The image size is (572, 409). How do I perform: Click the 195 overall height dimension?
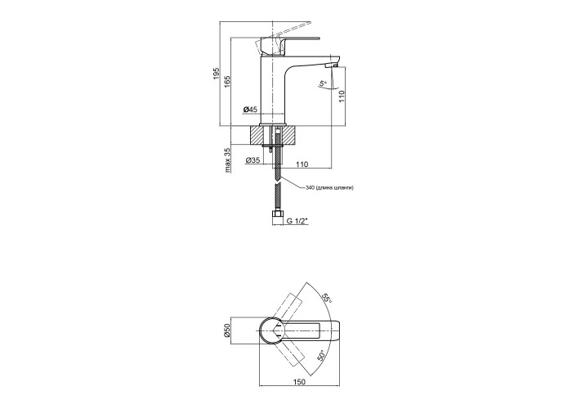click(x=216, y=74)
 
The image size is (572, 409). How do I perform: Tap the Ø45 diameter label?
click(x=250, y=109)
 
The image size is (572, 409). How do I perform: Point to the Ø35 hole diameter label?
click(x=252, y=160)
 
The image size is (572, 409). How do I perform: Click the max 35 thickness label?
click(x=228, y=160)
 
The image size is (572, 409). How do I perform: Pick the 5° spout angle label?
click(x=324, y=84)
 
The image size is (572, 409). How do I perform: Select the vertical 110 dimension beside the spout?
click(x=342, y=96)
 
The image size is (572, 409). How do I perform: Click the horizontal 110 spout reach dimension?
click(x=302, y=164)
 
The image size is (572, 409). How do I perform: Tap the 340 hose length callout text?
click(x=329, y=187)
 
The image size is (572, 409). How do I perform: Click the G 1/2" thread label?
click(x=297, y=221)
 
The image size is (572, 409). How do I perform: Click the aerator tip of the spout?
click(x=333, y=65)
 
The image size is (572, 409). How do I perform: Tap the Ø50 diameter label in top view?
click(x=226, y=330)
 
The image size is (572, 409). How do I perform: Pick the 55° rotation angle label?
click(x=326, y=299)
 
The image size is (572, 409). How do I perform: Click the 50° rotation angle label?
click(x=320, y=356)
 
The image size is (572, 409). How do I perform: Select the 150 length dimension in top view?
click(x=299, y=382)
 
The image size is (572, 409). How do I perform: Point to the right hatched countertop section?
click(x=290, y=135)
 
